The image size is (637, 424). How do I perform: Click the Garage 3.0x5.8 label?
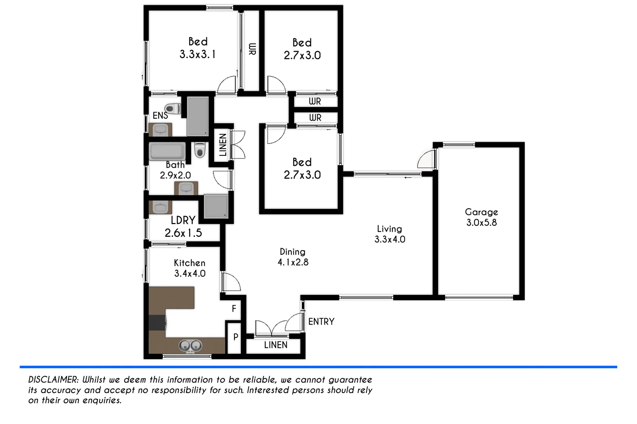[x=481, y=217]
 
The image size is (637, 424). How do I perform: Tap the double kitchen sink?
[x=190, y=346]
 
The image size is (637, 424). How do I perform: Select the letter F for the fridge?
[x=234, y=309]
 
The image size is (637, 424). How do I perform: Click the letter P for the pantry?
[x=236, y=337]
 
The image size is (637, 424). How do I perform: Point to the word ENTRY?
[x=321, y=322]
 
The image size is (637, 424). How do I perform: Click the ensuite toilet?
[x=172, y=108]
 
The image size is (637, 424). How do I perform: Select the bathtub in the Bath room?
[x=167, y=151]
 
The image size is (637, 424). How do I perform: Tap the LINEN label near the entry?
[x=275, y=345]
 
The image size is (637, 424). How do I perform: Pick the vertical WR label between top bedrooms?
[x=252, y=49]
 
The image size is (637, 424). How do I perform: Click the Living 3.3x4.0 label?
[x=389, y=234]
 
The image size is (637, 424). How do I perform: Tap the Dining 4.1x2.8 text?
[x=293, y=257]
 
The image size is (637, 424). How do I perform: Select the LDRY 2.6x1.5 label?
[x=183, y=227]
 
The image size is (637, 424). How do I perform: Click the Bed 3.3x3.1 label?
[x=197, y=48]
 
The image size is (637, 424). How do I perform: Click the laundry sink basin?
[x=160, y=207]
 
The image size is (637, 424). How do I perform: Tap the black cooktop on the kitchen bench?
[x=157, y=323]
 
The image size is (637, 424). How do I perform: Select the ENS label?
[x=160, y=115]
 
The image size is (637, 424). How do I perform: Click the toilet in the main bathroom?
[x=200, y=150]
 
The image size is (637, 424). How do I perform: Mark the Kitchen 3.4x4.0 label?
[x=190, y=268]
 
